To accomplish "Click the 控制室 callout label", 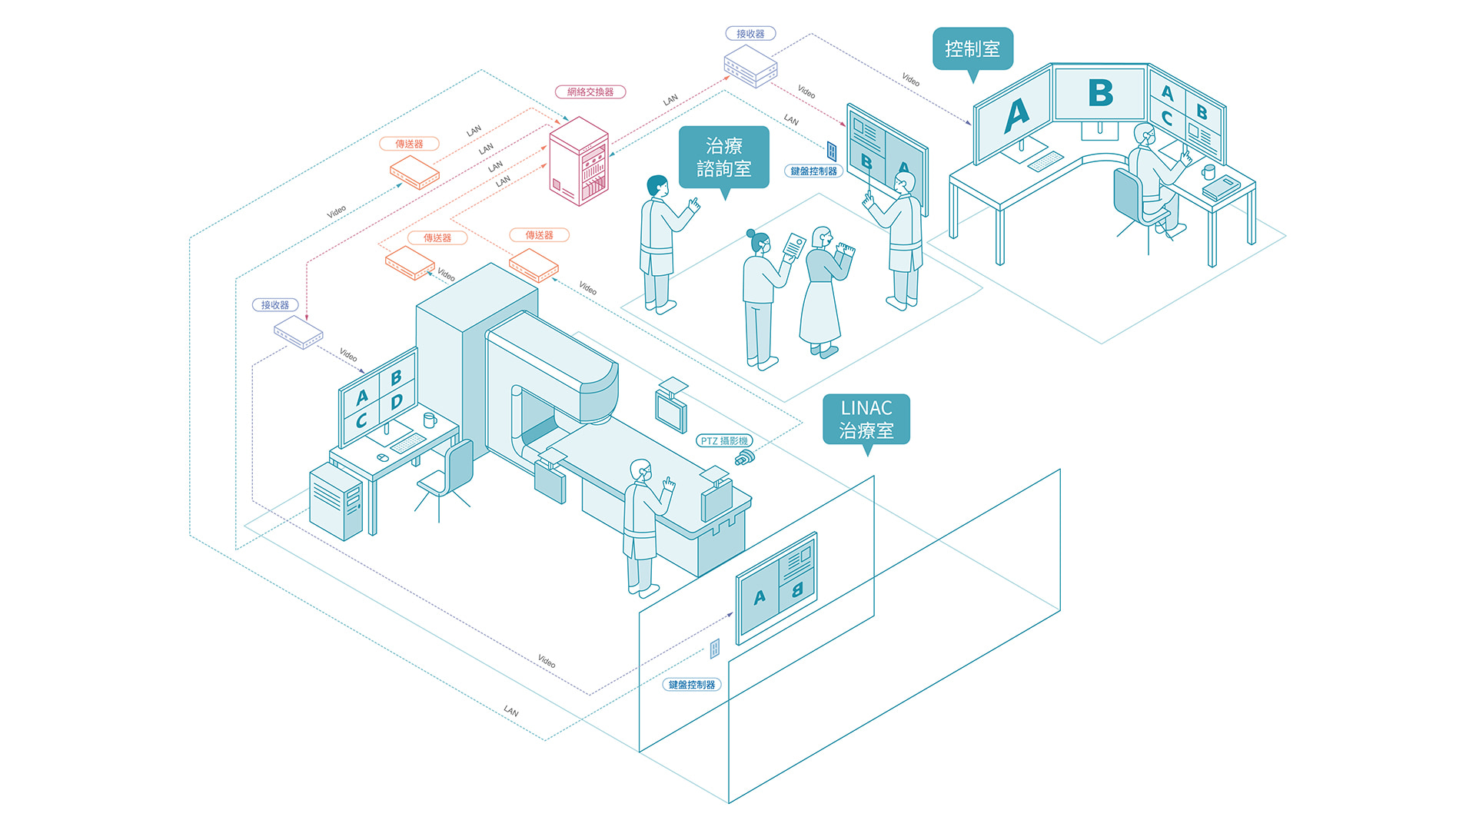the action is point(972,49).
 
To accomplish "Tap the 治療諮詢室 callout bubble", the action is point(723,158).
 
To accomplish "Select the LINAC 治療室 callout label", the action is point(866,420).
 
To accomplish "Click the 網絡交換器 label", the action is point(590,92).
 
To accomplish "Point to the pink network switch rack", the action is point(579,161).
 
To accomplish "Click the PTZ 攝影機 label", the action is point(724,441).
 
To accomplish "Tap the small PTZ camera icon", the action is point(744,458).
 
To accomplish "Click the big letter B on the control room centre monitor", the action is point(1101,94).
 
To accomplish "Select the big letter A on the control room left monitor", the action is point(1016,116).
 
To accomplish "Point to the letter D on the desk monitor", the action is point(397,401).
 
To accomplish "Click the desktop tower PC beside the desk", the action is point(336,502).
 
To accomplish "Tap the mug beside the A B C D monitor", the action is point(430,420).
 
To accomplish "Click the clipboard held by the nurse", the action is point(793,247).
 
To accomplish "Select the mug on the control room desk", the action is point(1208,171).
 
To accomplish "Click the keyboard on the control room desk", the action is point(1045,161).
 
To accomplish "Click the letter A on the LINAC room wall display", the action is point(760,597).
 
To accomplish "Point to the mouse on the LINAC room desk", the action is point(382,458).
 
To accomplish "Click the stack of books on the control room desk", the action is point(1221,188).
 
